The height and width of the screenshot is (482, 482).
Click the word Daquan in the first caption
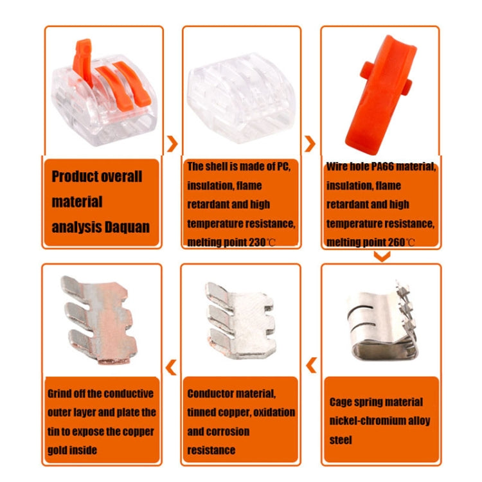click(127, 228)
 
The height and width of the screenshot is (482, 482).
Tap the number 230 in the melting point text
click(257, 242)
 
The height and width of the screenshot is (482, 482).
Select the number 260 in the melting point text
click(397, 242)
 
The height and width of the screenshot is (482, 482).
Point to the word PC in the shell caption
click(283, 166)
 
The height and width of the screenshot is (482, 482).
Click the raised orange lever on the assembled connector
click(82, 61)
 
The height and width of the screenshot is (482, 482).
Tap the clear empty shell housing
click(241, 98)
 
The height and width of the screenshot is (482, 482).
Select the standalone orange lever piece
click(380, 94)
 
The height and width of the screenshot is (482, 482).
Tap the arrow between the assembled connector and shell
click(172, 143)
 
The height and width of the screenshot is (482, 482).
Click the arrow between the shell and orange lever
click(310, 143)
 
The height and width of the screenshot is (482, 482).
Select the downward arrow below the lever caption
click(382, 256)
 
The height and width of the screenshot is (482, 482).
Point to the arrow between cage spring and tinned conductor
click(312, 365)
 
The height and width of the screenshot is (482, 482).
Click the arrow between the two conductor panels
click(171, 367)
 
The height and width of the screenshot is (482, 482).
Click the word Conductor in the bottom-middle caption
click(210, 394)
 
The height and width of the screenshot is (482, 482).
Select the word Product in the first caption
click(75, 177)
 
